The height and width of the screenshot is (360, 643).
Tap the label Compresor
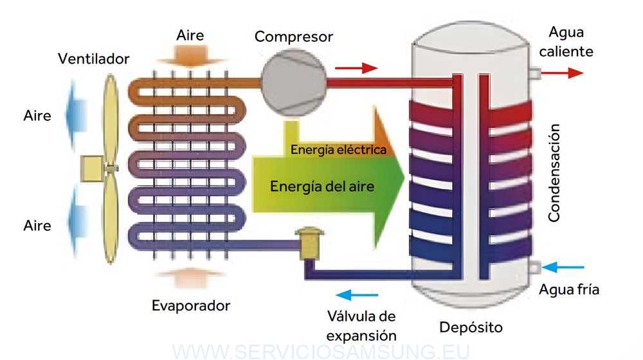(294, 36)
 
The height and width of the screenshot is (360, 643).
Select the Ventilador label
(94, 59)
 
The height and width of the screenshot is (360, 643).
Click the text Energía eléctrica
(338, 150)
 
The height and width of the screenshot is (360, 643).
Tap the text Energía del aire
(322, 186)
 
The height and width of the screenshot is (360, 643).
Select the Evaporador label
(191, 305)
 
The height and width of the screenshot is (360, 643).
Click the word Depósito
(471, 327)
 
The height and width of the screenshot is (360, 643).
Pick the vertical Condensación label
(554, 174)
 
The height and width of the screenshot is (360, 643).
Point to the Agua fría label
(569, 289)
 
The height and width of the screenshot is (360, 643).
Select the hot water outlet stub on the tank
(534, 73)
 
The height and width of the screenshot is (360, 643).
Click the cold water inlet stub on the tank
(533, 266)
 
